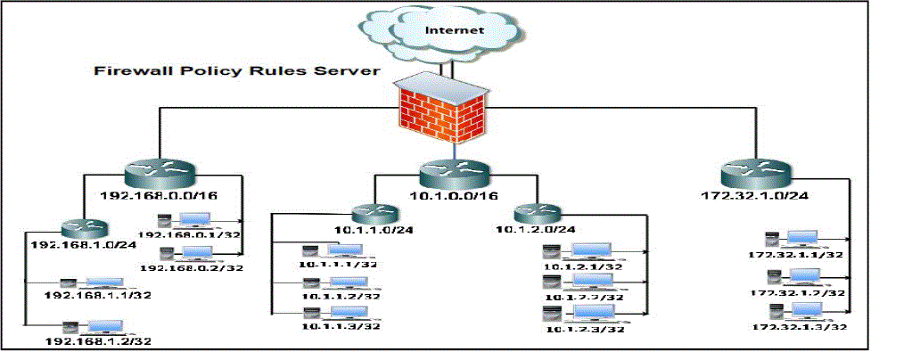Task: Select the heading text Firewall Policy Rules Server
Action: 238,70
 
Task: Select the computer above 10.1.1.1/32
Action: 332,252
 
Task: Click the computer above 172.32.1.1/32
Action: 788,240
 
